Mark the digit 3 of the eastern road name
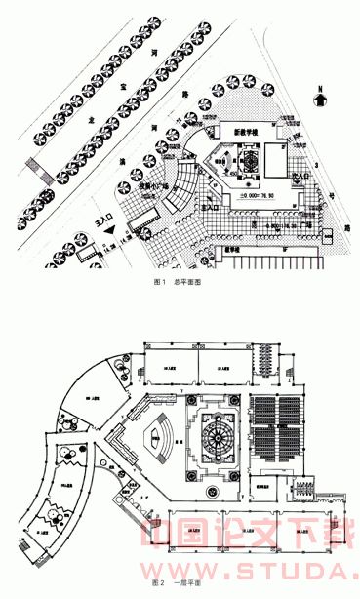point(318,166)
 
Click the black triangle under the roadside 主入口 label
point(114,230)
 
